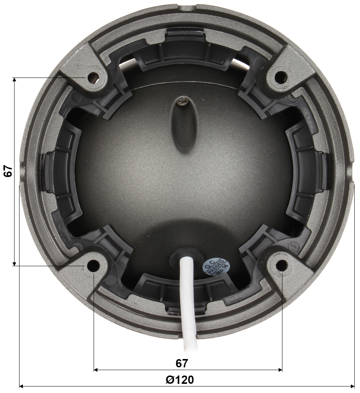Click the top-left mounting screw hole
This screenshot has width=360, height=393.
click(93, 78)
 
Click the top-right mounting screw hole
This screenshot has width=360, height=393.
click(281, 76)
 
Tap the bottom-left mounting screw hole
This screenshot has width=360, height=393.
click(92, 265)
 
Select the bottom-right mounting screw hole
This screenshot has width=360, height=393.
click(281, 265)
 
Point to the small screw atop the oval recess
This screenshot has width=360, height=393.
click(182, 102)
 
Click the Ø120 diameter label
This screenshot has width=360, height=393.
click(180, 380)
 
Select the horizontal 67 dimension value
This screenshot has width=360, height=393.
click(182, 363)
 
